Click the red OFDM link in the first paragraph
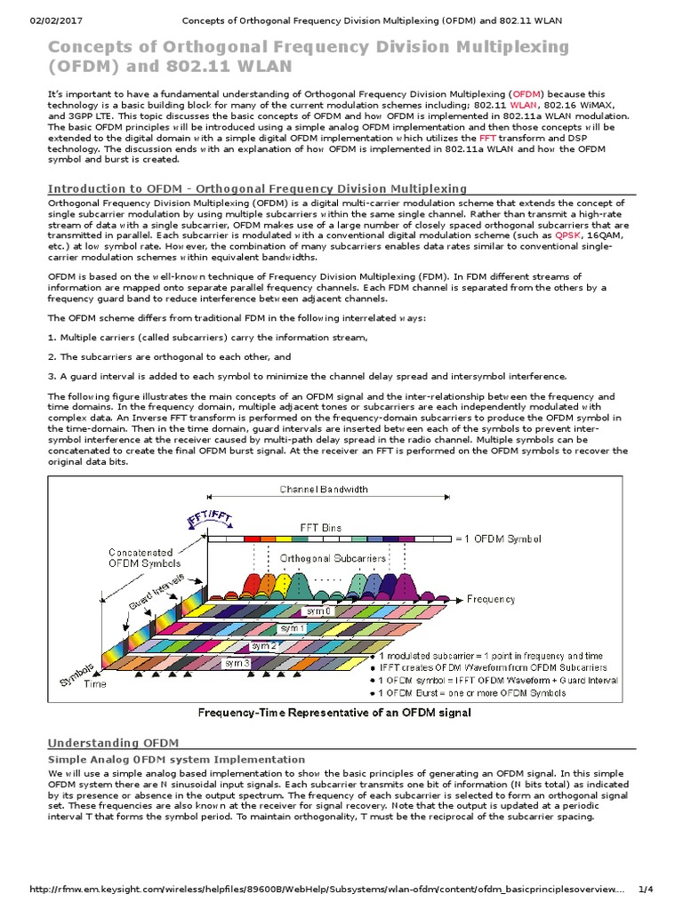pyautogui.click(x=525, y=93)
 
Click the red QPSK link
pyautogui.click(x=566, y=235)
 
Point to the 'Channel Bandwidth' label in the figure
pyautogui.click(x=325, y=490)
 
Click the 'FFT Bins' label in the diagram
pyautogui.click(x=320, y=527)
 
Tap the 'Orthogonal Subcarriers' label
pyautogui.click(x=333, y=558)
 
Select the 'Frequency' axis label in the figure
pyautogui.click(x=491, y=599)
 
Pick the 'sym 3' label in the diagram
pyautogui.click(x=237, y=663)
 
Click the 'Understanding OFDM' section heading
pyautogui.click(x=113, y=743)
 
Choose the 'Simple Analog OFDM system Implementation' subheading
pyautogui.click(x=176, y=760)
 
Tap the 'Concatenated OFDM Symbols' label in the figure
pyautogui.click(x=145, y=557)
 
